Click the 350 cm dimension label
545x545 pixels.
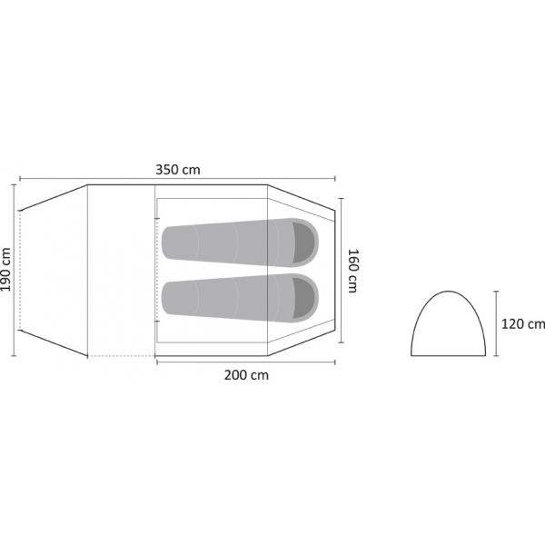[x=178, y=170]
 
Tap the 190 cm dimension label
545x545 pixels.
[x=6, y=270]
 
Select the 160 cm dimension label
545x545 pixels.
[x=353, y=271]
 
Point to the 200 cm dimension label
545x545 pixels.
[x=246, y=375]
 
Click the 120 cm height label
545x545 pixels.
[x=523, y=324]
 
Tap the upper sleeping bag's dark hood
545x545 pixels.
[x=303, y=243]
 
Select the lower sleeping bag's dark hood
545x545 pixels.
[x=303, y=298]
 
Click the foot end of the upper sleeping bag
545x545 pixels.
[x=167, y=243]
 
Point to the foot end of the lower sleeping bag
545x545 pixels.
[x=167, y=298]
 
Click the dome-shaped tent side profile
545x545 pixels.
[x=448, y=292]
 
